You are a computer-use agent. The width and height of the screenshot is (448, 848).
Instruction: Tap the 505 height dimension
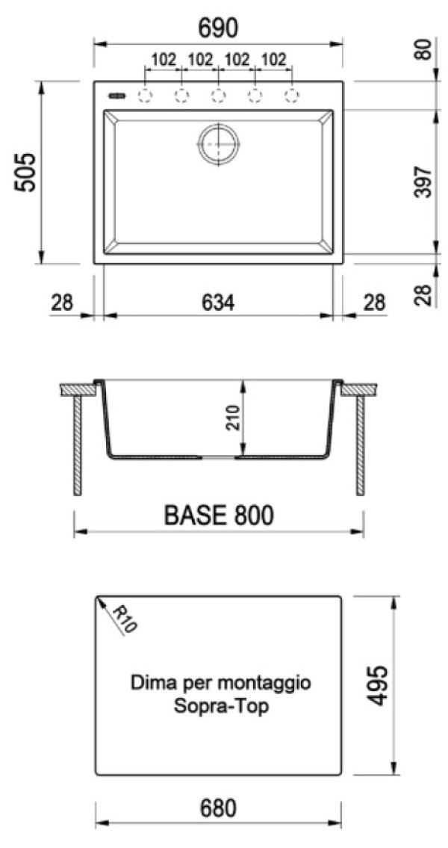25,173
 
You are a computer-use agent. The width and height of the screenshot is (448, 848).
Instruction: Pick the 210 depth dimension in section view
231,417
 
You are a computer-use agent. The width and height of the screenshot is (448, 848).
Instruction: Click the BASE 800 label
219,516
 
